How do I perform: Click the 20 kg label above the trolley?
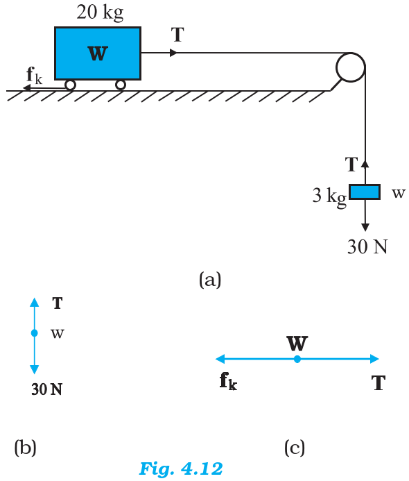pos(101,13)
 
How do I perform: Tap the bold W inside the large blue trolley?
pos(98,53)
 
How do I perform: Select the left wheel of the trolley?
pos(70,85)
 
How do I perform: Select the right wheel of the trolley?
pos(121,85)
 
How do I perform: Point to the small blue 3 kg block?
pos(365,192)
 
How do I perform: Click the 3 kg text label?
pos(329,196)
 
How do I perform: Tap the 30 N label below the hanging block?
pos(367,246)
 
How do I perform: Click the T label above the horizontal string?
pos(177,35)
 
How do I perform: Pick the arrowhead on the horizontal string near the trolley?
pos(173,53)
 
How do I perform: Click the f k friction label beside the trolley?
pos(34,76)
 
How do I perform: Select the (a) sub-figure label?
pos(210,280)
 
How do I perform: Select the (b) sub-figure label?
pos(25,448)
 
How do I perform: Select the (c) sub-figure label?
pos(295,448)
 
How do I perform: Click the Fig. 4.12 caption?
pos(181,469)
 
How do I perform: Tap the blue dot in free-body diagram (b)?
pos(34,333)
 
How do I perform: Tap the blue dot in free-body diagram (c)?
pos(297,359)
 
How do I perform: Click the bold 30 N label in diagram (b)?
pos(46,389)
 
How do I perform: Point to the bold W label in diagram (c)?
pos(297,344)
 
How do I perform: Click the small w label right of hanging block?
pos(399,193)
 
